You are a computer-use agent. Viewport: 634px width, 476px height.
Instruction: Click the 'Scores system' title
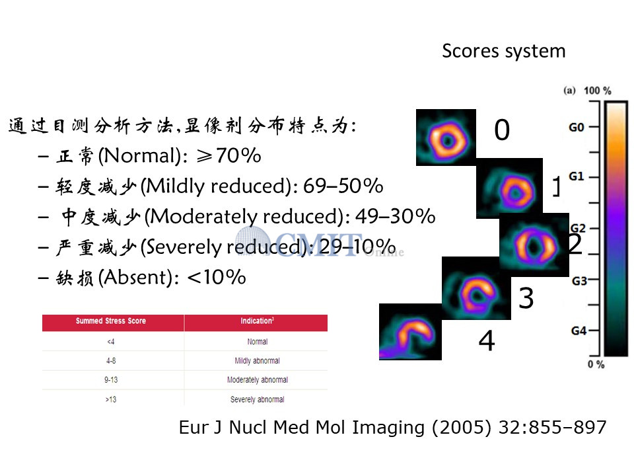503,52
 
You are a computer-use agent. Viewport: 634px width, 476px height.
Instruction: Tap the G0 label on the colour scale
576,128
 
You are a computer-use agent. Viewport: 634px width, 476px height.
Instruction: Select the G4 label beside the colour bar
579,331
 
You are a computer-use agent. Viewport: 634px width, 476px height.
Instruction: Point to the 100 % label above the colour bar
597,91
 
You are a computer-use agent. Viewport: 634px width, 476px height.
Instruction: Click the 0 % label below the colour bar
596,364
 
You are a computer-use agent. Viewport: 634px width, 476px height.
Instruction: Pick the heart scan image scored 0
446,138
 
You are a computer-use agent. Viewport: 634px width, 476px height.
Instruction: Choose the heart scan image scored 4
410,332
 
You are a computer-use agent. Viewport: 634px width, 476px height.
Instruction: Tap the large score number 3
526,298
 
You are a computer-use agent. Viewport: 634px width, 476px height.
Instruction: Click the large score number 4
487,340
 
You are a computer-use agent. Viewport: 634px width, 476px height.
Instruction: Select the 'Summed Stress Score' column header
111,321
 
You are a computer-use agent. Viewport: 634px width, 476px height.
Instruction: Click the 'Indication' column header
257,321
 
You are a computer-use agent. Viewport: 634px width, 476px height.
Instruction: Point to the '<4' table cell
111,342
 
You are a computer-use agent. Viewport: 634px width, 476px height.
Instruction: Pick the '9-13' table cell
111,379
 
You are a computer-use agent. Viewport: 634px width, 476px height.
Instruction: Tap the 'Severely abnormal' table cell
257,399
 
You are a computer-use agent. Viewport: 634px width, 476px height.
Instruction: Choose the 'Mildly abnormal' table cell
257,361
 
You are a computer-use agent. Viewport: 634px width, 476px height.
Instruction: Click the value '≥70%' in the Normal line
229,155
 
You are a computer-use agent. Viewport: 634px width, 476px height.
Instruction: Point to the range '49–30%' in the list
395,216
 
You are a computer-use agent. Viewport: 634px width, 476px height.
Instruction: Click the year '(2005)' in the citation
462,428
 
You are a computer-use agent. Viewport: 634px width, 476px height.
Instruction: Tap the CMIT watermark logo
320,245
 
